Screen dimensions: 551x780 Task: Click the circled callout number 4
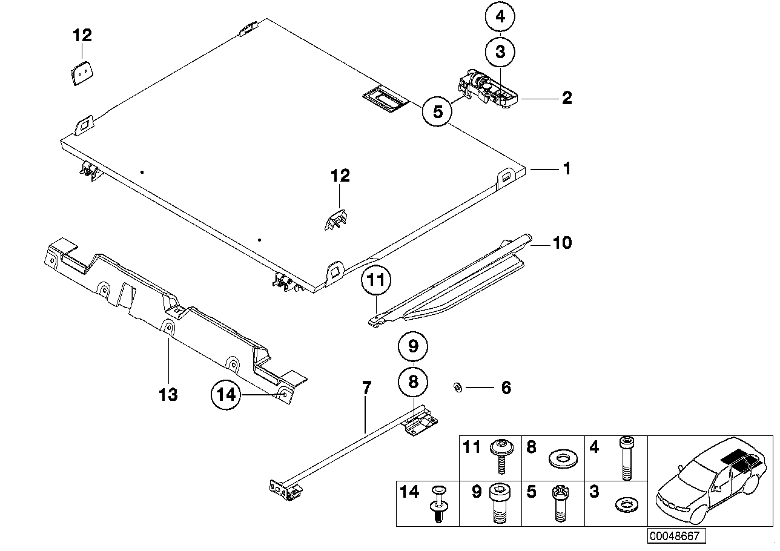pyautogui.click(x=500, y=18)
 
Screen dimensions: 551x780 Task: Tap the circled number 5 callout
pyautogui.click(x=438, y=111)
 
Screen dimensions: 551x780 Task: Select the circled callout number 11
pyautogui.click(x=376, y=282)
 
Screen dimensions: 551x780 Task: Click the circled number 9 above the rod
pyautogui.click(x=413, y=347)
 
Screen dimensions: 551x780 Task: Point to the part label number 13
pyautogui.click(x=168, y=395)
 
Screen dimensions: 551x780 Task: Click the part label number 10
pyautogui.click(x=562, y=243)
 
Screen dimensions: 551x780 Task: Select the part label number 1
pyautogui.click(x=566, y=169)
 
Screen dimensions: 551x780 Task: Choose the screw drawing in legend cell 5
pyautogui.click(x=560, y=504)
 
